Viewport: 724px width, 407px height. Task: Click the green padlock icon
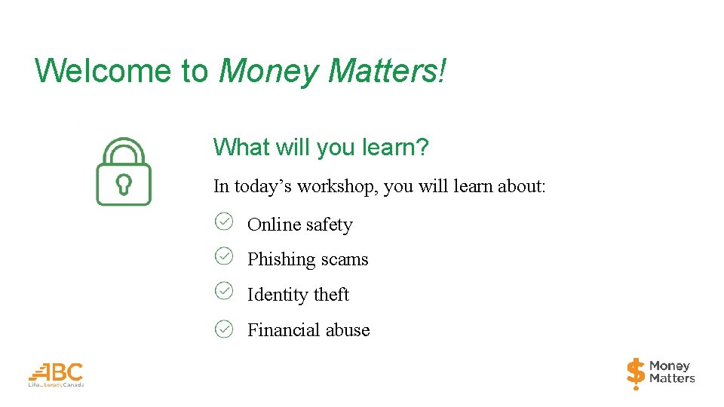click(x=124, y=171)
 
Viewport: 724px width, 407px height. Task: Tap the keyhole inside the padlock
click(x=124, y=184)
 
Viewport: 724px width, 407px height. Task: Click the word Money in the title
click(x=268, y=71)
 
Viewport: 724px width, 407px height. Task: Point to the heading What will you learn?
click(x=321, y=147)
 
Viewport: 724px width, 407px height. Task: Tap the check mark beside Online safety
click(x=224, y=221)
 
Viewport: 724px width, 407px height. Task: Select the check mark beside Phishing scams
click(x=224, y=256)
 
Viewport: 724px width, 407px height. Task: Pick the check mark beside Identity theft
click(x=224, y=290)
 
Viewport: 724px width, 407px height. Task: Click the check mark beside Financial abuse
click(x=224, y=329)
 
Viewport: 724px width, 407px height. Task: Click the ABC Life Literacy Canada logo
click(x=57, y=374)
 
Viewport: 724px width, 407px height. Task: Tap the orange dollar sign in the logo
click(x=636, y=373)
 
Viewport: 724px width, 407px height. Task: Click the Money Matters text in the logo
click(x=671, y=372)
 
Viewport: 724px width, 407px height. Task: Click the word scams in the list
click(x=345, y=260)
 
